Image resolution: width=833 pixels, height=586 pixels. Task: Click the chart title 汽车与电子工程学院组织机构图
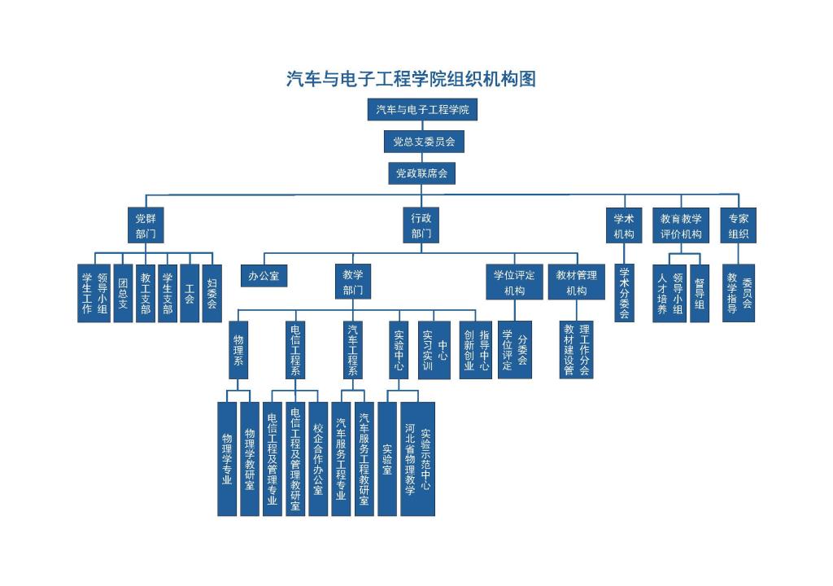(x=411, y=79)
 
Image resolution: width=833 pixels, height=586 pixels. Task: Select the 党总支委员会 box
(x=423, y=142)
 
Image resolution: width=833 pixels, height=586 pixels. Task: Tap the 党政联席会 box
(x=421, y=173)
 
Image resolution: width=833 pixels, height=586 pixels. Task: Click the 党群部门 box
(x=146, y=225)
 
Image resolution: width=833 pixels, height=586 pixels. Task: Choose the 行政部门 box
(x=421, y=225)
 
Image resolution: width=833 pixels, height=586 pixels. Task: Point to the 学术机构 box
(x=625, y=225)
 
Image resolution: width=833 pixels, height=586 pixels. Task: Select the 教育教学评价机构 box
(x=681, y=225)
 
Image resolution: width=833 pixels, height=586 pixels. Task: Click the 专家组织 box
(x=739, y=225)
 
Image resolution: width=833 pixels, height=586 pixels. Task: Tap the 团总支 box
(x=123, y=293)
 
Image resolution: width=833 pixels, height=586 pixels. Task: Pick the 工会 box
(x=190, y=293)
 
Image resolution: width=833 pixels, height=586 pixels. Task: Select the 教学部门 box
(x=352, y=282)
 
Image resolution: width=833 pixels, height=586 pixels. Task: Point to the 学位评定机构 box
(x=514, y=282)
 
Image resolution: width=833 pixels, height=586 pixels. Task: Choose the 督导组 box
(x=700, y=293)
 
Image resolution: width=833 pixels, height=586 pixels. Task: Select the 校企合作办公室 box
(x=318, y=458)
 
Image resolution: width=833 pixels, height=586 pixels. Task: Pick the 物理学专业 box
(x=227, y=458)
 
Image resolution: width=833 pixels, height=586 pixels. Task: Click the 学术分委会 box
(x=625, y=293)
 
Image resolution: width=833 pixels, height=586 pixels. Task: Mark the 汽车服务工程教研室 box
(x=364, y=458)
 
